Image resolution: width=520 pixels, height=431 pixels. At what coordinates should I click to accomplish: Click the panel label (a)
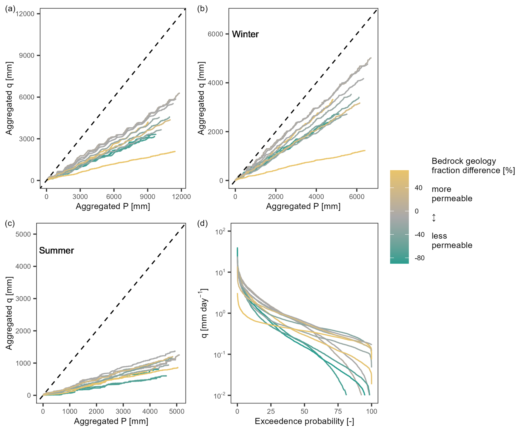point(10,9)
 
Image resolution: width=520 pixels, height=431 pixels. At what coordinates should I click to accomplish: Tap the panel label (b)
point(202,9)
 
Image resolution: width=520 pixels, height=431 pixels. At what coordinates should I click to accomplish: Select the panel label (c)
point(10,223)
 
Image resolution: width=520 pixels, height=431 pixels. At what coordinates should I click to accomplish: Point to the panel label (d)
point(202,223)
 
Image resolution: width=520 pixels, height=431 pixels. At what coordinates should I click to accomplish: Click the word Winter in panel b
point(245,34)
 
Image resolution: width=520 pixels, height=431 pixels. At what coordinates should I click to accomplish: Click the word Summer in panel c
point(56,250)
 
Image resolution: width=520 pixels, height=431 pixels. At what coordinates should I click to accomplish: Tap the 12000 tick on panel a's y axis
point(25,14)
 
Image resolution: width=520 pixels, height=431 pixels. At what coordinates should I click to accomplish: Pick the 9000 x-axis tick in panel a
point(148,197)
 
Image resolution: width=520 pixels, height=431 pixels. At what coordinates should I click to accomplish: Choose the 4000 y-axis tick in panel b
point(215,83)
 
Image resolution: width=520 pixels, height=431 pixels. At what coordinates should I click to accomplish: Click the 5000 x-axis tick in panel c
point(176,411)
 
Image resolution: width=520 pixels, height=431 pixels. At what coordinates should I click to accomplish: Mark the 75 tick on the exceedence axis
point(338,411)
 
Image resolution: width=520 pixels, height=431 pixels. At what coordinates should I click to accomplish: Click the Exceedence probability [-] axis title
point(304,421)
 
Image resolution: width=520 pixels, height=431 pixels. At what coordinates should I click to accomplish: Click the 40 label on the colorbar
point(419,188)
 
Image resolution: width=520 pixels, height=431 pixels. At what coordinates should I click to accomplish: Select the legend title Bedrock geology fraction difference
point(473,166)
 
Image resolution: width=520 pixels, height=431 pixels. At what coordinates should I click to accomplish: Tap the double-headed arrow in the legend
point(434,218)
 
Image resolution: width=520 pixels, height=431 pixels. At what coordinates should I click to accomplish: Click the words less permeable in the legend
point(452,241)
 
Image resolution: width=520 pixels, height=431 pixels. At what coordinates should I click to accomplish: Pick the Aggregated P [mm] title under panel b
point(303,206)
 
